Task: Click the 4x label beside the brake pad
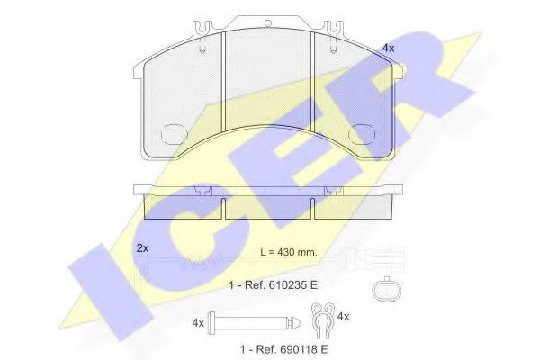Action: (x=388, y=49)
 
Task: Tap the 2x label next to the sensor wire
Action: (x=142, y=248)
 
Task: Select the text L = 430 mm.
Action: (x=289, y=252)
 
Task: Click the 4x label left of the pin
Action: (x=198, y=323)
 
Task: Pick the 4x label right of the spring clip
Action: (x=343, y=316)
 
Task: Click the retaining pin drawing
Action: (x=255, y=323)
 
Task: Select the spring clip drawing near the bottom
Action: (x=323, y=320)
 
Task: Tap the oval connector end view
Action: (x=387, y=290)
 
